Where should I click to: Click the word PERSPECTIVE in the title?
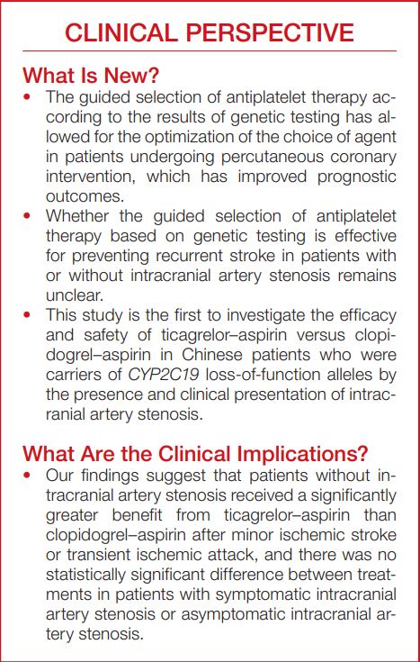pyautogui.click(x=265, y=33)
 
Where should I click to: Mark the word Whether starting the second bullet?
pyautogui.click(x=83, y=215)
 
